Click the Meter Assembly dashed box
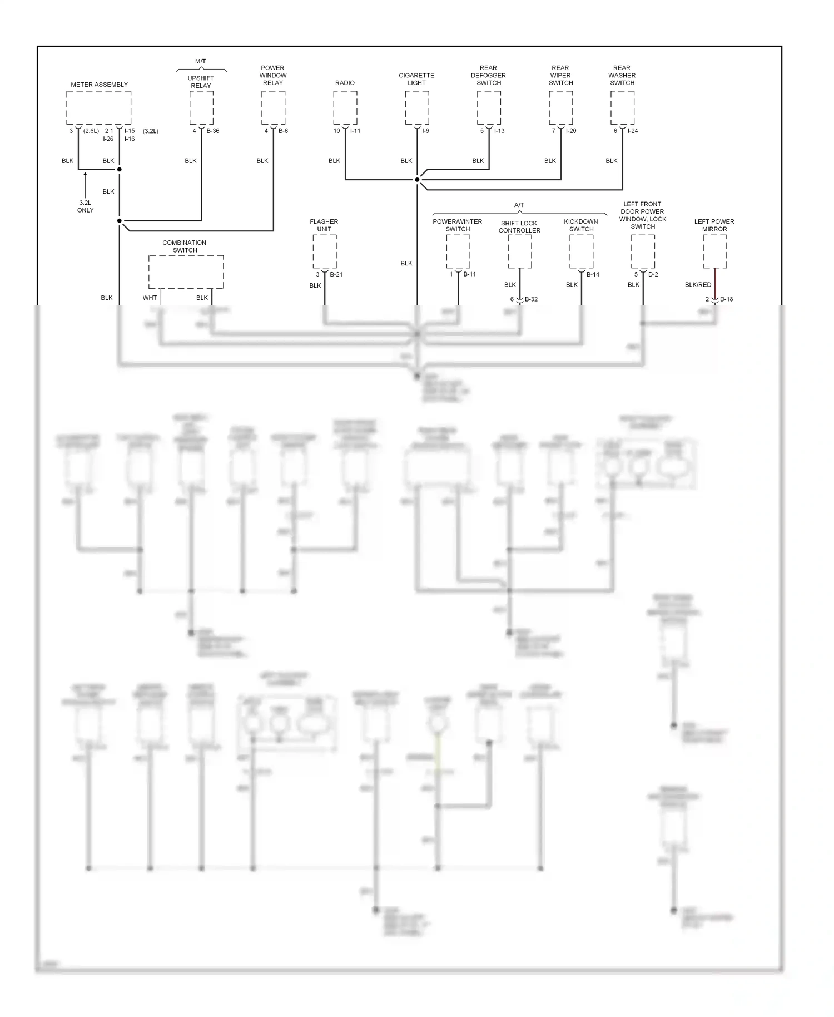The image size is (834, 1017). [x=99, y=108]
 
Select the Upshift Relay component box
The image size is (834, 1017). [x=201, y=108]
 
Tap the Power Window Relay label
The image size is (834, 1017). [x=273, y=75]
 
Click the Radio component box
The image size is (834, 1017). [x=345, y=108]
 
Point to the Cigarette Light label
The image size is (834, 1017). [x=416, y=79]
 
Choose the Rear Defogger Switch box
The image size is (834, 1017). [x=489, y=108]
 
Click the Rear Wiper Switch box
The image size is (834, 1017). [x=560, y=108]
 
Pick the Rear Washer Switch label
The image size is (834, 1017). [x=622, y=75]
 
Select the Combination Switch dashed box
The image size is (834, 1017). [x=186, y=272]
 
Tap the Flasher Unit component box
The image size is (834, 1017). [x=325, y=251]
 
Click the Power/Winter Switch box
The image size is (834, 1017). [x=458, y=251]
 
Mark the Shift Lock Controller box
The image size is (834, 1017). [x=520, y=251]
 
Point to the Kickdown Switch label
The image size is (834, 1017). [x=581, y=225]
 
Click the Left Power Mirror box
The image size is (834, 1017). [x=714, y=251]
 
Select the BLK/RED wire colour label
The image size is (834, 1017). [x=698, y=285]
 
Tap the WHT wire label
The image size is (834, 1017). [x=150, y=298]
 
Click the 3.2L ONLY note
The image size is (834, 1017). [x=86, y=206]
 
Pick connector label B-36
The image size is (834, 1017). [x=213, y=131]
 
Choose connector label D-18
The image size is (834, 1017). [x=726, y=299]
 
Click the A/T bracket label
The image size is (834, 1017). [x=519, y=205]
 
